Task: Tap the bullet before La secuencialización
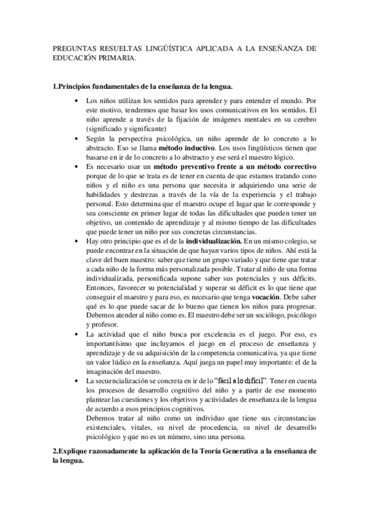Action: [76, 383]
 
